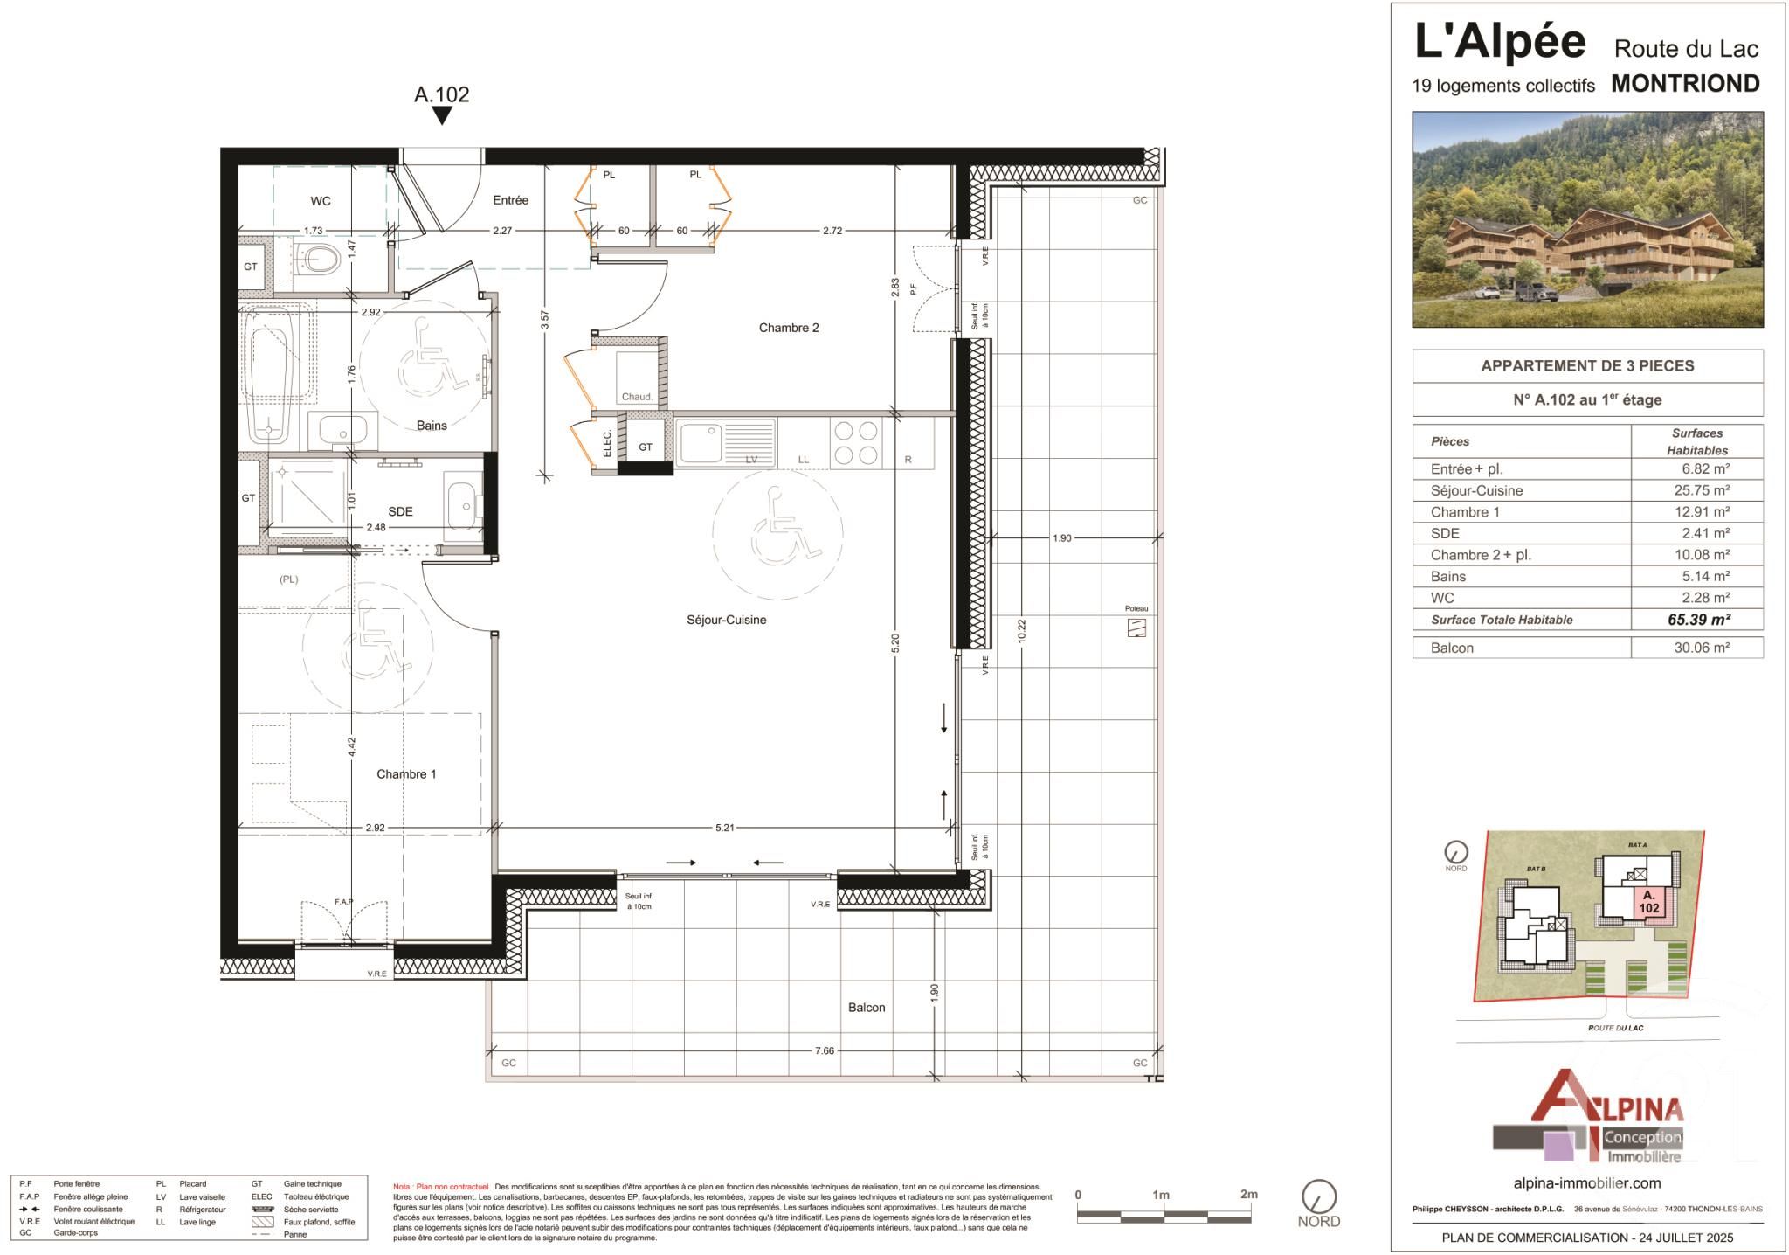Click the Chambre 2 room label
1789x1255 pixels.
tap(788, 328)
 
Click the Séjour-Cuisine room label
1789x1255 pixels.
tap(726, 620)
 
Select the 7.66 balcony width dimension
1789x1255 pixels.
tap(824, 1050)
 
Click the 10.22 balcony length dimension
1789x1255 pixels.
tap(1021, 632)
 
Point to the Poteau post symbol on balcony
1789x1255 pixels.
tap(1136, 627)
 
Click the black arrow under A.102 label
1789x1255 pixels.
tap(442, 115)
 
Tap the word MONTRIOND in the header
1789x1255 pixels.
tap(1685, 84)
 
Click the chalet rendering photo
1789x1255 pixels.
tap(1587, 219)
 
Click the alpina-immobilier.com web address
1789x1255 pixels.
tap(1586, 1182)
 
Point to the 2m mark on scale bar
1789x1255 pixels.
tap(1248, 1195)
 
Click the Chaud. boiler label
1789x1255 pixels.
tap(636, 397)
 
